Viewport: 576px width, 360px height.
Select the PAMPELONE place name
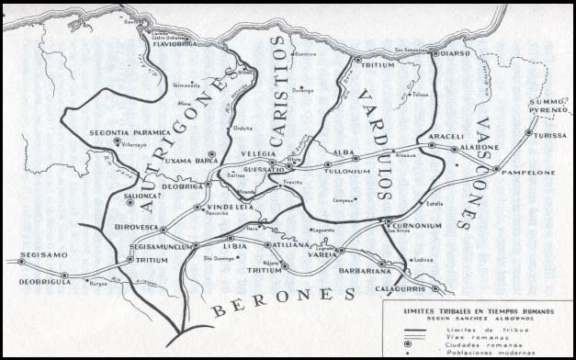(524, 172)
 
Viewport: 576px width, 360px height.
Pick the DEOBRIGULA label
(34, 274)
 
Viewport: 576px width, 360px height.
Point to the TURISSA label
(550, 135)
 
